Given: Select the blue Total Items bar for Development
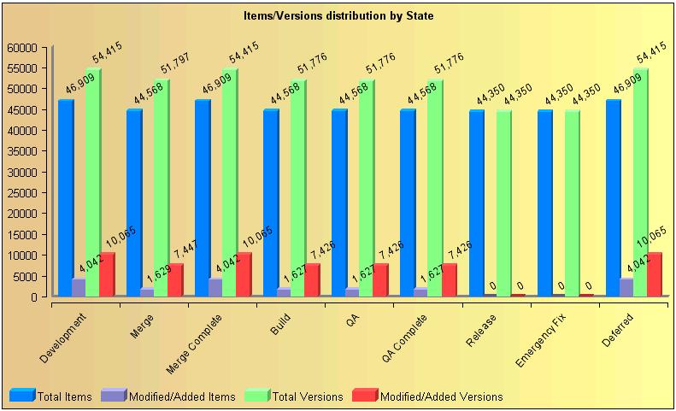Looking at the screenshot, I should click(x=66, y=198).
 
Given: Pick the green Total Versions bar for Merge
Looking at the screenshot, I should click(x=162, y=188).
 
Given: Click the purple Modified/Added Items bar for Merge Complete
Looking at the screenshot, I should click(x=215, y=288).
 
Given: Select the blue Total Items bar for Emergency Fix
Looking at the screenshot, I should click(x=544, y=203).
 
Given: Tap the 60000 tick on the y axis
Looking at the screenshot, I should click(x=25, y=47).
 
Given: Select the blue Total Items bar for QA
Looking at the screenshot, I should click(x=339, y=203).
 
